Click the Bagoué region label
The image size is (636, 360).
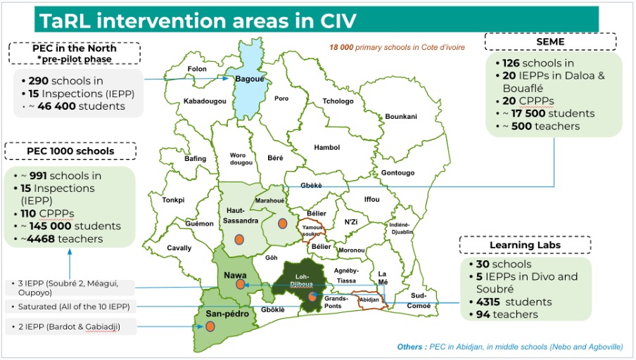click(250, 79)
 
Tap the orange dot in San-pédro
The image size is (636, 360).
click(210, 326)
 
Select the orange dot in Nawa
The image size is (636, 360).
click(240, 285)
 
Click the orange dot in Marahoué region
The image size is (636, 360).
click(283, 224)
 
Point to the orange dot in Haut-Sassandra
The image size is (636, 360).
click(239, 240)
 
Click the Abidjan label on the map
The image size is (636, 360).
click(369, 300)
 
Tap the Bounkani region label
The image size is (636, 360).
click(401, 116)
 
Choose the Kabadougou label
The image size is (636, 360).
click(205, 101)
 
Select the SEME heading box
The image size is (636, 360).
click(550, 41)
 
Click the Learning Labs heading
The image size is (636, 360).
click(525, 245)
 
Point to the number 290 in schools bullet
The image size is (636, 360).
click(39, 81)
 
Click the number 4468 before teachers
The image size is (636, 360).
click(41, 239)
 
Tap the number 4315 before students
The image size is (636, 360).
click(488, 302)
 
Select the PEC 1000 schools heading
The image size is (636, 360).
click(70, 151)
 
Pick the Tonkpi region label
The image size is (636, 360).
click(173, 200)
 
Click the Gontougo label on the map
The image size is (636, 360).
click(397, 173)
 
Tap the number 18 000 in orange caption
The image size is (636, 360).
click(341, 47)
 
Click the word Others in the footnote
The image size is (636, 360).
click(409, 347)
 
